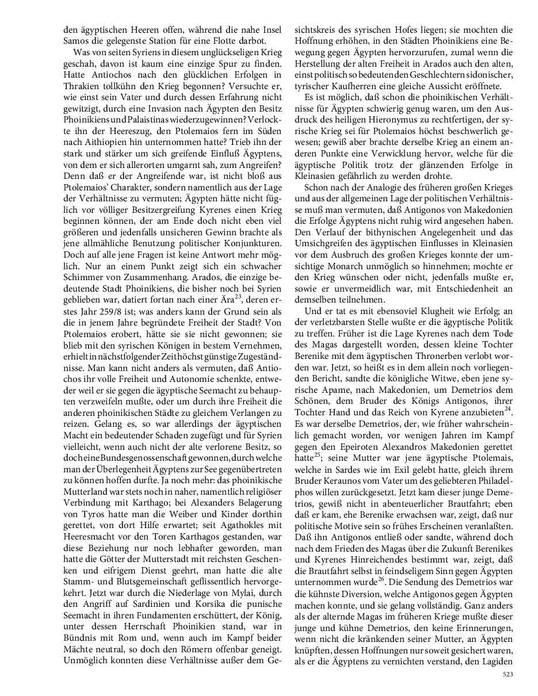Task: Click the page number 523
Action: tap(508, 674)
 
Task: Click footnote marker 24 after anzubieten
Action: tap(508, 409)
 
